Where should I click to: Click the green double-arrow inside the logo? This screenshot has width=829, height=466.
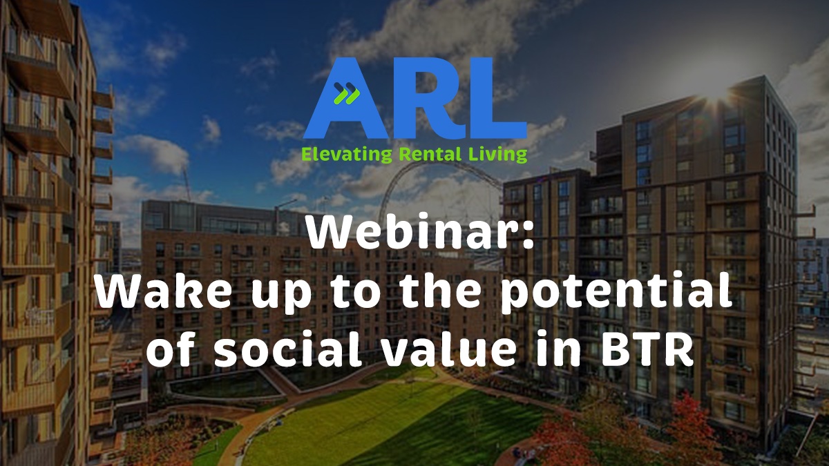pos(344,93)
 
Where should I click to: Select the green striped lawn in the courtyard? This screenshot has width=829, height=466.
pos(387,428)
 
